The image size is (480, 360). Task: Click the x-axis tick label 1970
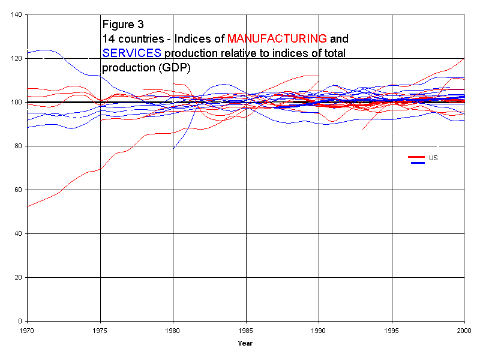pos(27,331)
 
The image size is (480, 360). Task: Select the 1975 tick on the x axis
pos(100,331)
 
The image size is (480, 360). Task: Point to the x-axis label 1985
pos(246,331)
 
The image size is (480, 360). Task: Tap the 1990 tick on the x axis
pos(319,331)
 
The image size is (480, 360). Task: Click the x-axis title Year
pos(245,344)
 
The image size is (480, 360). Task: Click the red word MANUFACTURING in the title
pos(277,39)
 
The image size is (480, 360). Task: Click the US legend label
pos(433,158)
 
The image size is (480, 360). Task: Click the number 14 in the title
pos(109,39)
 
